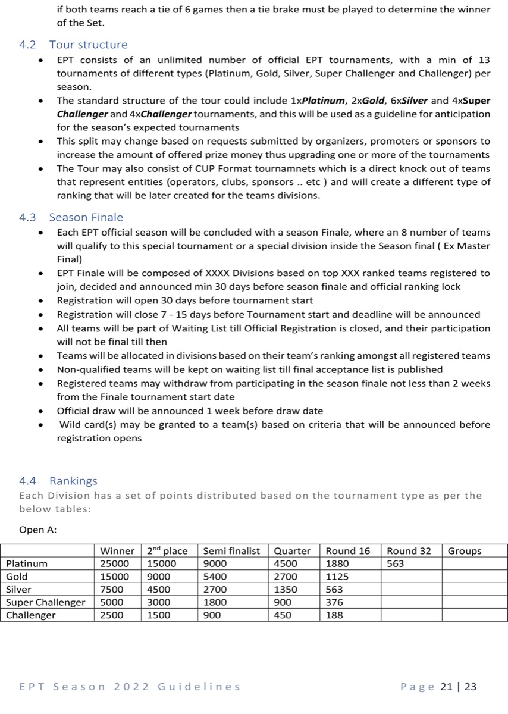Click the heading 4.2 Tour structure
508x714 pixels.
[x=73, y=45]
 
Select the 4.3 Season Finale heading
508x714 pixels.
[x=71, y=217]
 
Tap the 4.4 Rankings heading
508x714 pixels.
[x=58, y=480]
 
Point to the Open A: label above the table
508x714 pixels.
[x=38, y=530]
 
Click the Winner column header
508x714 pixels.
[x=117, y=551]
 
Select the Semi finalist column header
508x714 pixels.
[x=231, y=551]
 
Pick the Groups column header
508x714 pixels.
[x=465, y=551]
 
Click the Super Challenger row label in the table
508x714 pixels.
[x=46, y=602]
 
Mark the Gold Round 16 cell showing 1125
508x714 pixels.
[x=338, y=577]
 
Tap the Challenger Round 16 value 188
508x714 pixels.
[x=335, y=615]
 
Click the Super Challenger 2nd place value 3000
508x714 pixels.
[x=158, y=602]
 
